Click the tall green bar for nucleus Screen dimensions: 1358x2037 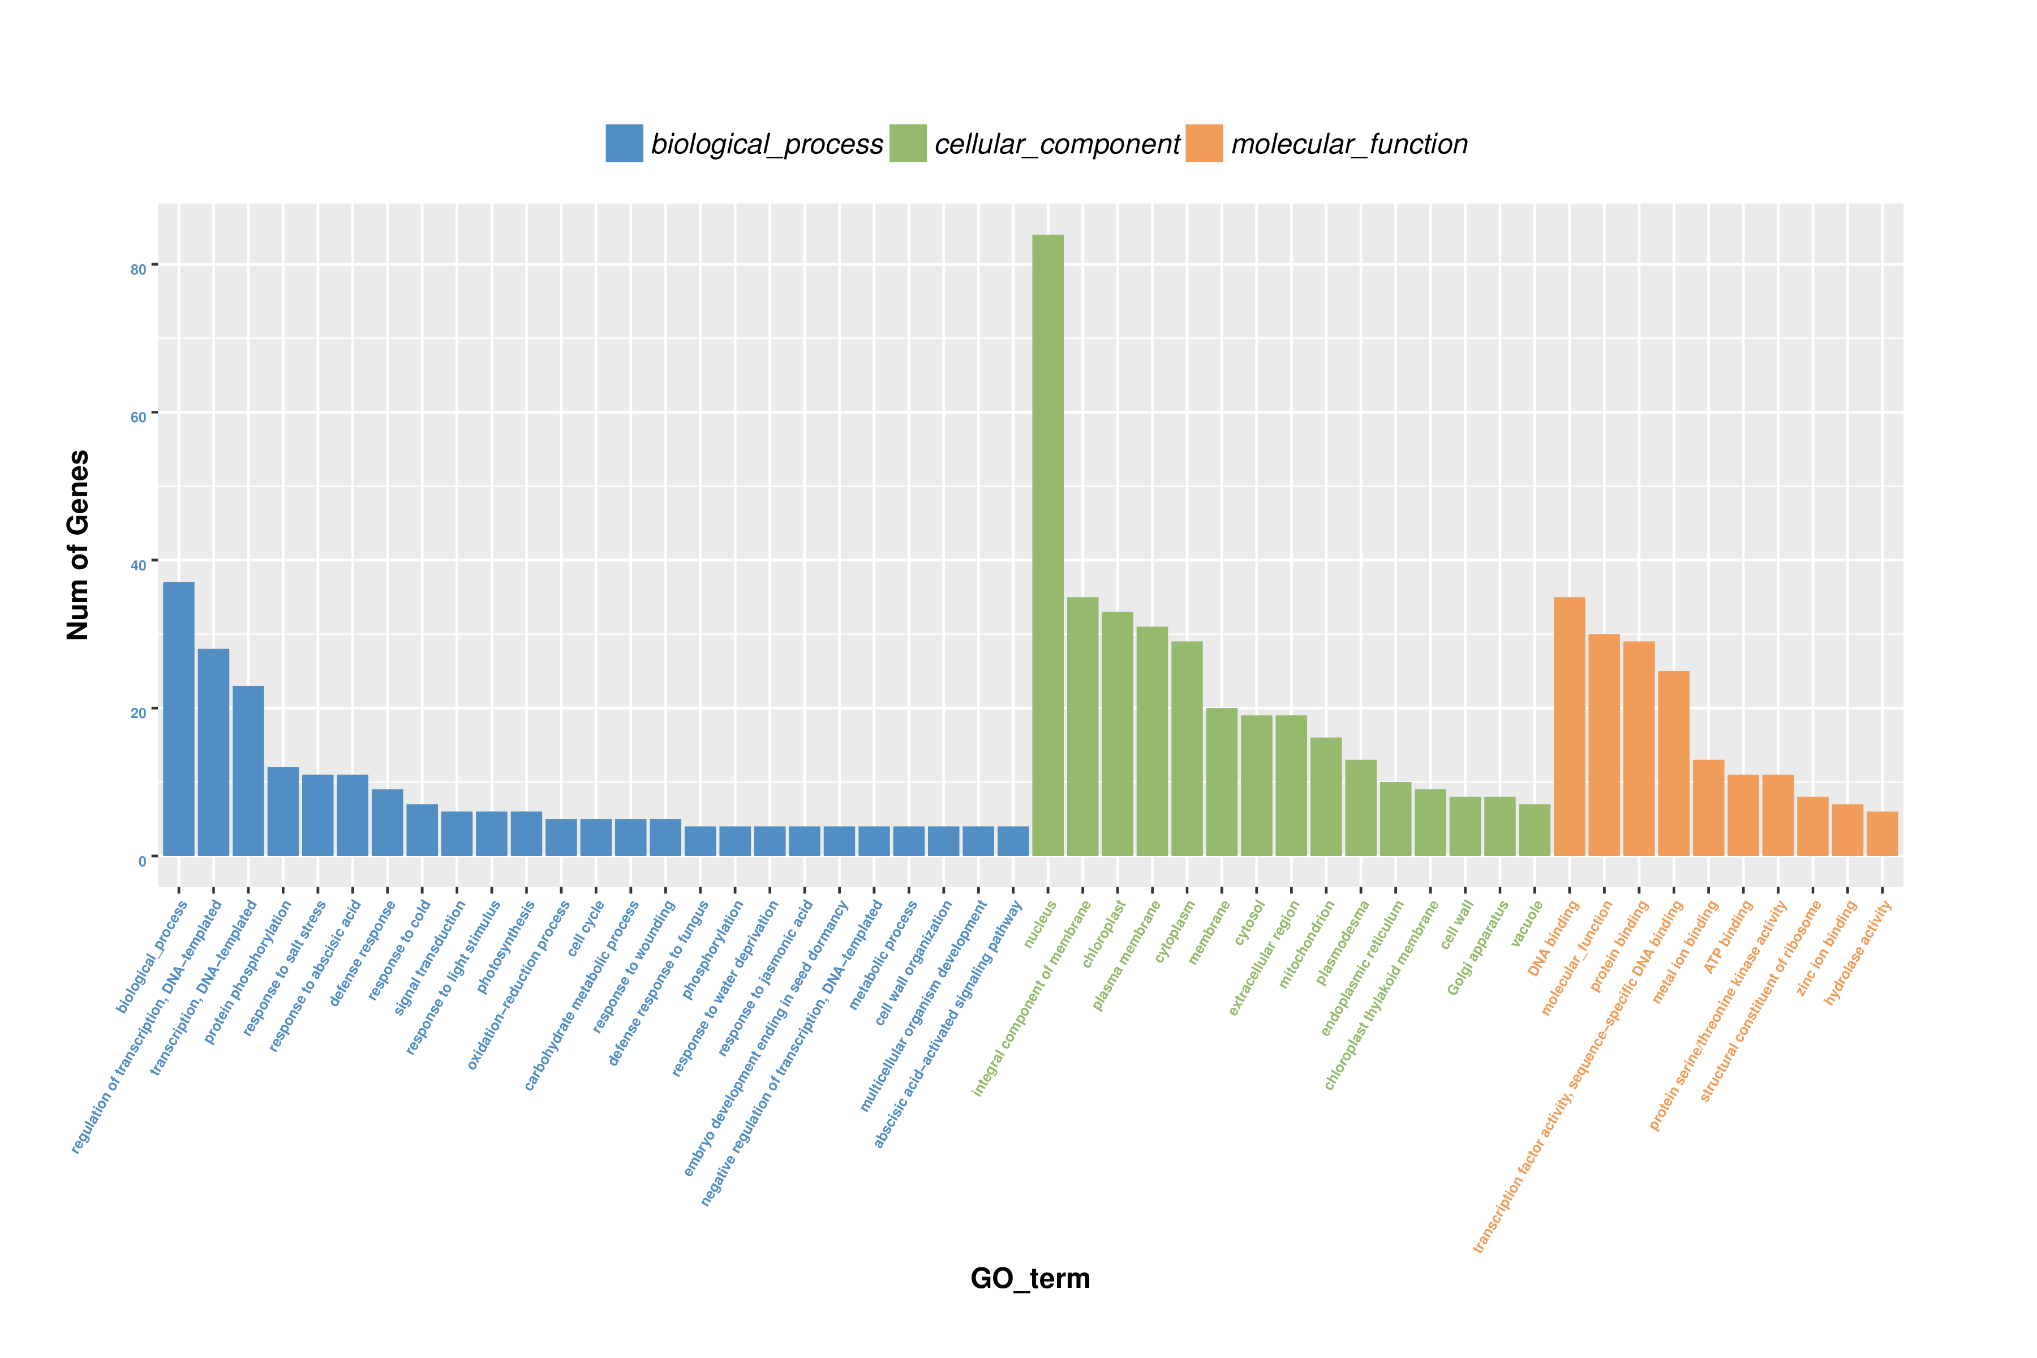click(1048, 545)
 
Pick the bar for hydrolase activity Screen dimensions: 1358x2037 click(1882, 834)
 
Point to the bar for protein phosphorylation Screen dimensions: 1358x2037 click(283, 811)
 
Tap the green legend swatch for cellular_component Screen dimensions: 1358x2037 click(908, 143)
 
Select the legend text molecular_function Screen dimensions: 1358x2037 click(1350, 144)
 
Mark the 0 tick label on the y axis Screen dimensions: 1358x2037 click(142, 861)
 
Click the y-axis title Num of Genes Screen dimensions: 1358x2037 click(78, 545)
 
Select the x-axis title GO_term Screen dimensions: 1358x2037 click(1030, 1278)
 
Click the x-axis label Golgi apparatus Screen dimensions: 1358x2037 click(1479, 948)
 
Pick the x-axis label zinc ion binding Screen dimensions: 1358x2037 click(1828, 948)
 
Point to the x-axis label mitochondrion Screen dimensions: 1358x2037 click(1307, 945)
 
